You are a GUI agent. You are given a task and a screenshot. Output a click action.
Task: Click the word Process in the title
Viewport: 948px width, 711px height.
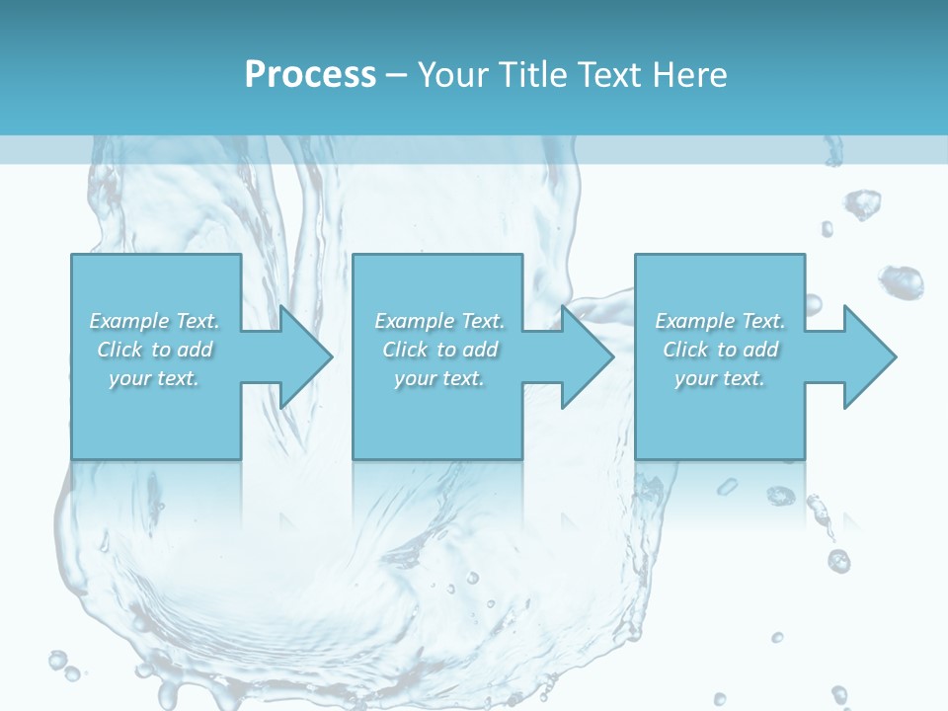(x=310, y=75)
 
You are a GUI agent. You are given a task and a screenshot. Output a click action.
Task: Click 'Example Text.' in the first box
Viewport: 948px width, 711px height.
(x=154, y=321)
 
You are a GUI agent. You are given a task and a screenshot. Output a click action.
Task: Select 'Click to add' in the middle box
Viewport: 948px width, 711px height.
(x=439, y=350)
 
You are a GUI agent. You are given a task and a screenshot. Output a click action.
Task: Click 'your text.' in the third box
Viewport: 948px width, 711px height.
(x=720, y=378)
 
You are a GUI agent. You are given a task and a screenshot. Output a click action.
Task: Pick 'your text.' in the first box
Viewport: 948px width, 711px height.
(x=154, y=378)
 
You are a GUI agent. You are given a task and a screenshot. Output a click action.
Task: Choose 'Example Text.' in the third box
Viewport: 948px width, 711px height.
(x=720, y=321)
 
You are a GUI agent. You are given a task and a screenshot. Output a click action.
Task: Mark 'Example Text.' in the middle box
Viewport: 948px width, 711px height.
(x=439, y=321)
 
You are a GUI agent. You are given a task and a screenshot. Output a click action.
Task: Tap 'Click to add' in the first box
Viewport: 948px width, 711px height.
(x=154, y=350)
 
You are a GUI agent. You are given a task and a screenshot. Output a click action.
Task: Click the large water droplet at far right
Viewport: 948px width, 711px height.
(x=902, y=281)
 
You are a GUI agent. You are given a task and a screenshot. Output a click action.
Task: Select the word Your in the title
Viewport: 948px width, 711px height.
(x=449, y=75)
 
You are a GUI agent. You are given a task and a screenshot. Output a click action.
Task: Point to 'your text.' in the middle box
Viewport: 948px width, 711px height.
(x=439, y=378)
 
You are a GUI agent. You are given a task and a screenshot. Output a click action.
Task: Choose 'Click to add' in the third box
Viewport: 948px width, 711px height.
(x=720, y=350)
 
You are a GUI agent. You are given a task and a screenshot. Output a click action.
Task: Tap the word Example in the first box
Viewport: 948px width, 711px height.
(x=128, y=321)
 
